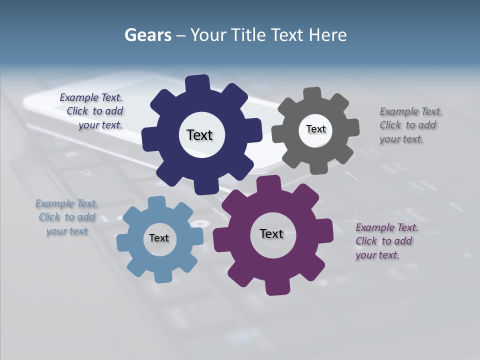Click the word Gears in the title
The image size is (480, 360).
pyautogui.click(x=147, y=35)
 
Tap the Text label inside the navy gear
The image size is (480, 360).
pyautogui.click(x=199, y=135)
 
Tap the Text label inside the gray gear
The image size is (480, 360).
pyautogui.click(x=315, y=129)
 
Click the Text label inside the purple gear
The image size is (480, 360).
pyautogui.click(x=271, y=233)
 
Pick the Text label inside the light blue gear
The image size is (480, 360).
pyautogui.click(x=159, y=238)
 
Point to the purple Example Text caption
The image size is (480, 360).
pyautogui.click(x=385, y=241)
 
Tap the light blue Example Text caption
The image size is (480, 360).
pyautogui.click(x=66, y=217)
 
